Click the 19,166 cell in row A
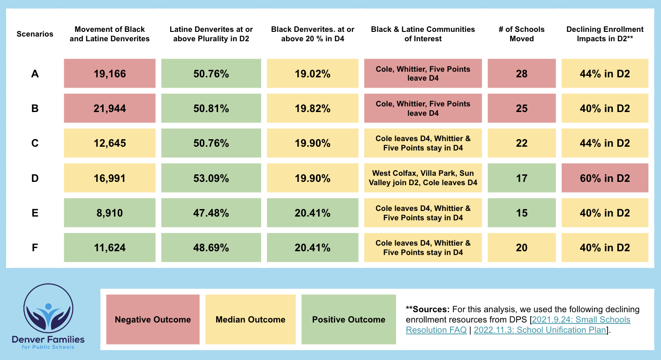click(109, 74)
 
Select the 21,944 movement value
click(109, 108)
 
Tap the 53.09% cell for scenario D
click(211, 178)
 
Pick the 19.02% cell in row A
click(312, 74)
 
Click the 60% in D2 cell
click(605, 178)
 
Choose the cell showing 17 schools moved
click(521, 178)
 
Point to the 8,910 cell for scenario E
click(109, 213)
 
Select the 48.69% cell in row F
click(211, 247)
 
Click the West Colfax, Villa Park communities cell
click(423, 178)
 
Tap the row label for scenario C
click(35, 143)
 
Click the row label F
click(35, 247)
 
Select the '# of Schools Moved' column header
click(521, 34)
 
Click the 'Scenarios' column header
click(35, 34)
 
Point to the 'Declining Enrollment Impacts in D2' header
click(605, 34)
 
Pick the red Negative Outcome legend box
click(153, 320)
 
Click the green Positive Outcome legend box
click(348, 320)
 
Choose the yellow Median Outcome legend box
click(250, 320)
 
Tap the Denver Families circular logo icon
click(49, 308)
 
